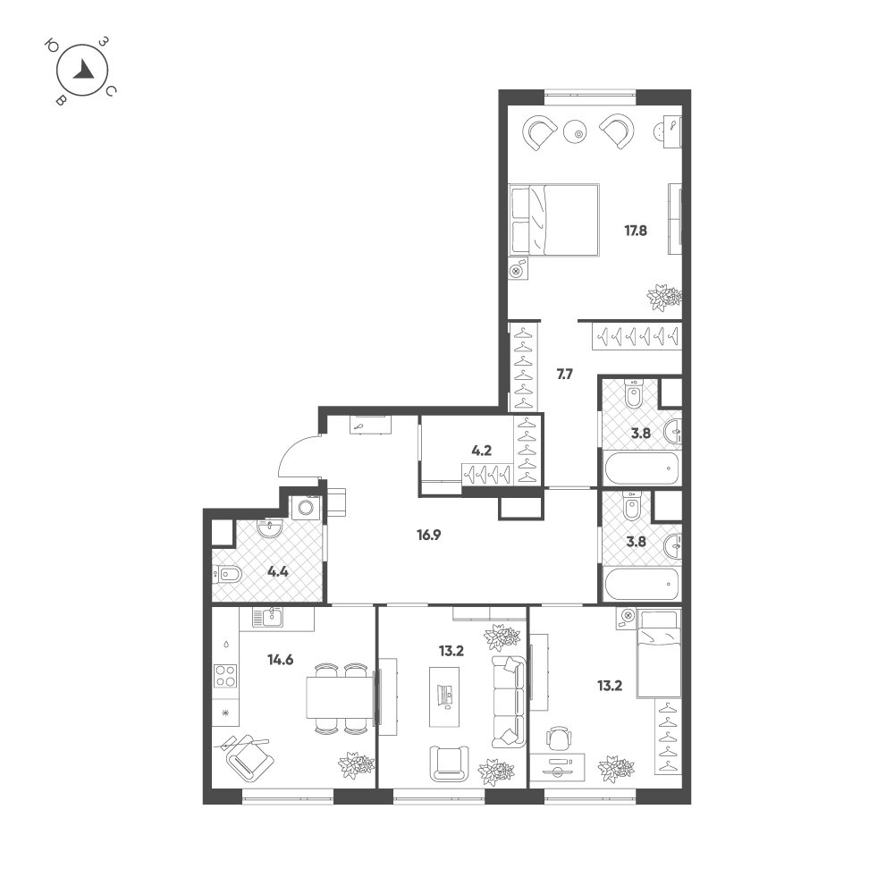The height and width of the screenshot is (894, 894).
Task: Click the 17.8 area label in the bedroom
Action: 636,231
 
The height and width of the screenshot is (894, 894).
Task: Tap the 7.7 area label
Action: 564,375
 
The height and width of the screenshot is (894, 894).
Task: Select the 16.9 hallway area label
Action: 429,535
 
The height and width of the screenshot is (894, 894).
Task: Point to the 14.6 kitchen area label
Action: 281,661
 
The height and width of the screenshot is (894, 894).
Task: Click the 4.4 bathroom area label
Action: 278,571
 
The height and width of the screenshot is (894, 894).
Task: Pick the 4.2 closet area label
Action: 482,451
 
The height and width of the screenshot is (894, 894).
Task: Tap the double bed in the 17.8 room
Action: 553,220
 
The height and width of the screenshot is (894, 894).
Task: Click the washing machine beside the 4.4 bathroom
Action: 306,507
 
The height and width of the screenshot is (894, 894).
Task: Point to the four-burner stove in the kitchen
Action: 225,676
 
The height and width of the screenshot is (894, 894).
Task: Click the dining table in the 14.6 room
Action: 341,697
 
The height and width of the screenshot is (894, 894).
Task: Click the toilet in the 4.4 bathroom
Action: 227,574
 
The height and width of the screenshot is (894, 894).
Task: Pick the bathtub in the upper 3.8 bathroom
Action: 641,468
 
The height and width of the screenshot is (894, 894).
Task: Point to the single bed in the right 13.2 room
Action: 659,654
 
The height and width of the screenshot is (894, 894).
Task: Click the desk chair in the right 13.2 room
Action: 558,739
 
